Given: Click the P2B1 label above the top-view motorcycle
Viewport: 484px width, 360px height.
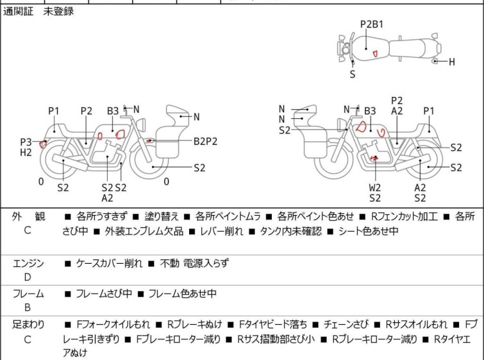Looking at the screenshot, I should pyautogui.click(x=372, y=24).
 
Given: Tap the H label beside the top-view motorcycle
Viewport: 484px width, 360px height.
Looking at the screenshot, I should pyautogui.click(x=451, y=62).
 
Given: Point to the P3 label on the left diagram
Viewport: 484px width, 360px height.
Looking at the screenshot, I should pyautogui.click(x=26, y=142).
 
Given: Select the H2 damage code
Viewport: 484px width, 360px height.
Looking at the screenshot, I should pyautogui.click(x=26, y=153).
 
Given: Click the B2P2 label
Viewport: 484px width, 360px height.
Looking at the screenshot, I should pyautogui.click(x=206, y=141).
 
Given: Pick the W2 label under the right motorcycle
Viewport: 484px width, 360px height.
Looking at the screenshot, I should pyautogui.click(x=375, y=187).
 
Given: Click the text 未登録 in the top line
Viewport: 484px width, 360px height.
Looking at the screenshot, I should pyautogui.click(x=58, y=12).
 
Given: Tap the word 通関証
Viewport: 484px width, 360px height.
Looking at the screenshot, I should pyautogui.click(x=18, y=12).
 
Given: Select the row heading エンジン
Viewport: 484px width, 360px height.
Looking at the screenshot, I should pyautogui.click(x=28, y=263).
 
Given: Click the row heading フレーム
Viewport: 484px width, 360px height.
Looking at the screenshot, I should pyautogui.click(x=28, y=294).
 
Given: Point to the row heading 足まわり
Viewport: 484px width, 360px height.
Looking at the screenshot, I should pyautogui.click(x=28, y=325).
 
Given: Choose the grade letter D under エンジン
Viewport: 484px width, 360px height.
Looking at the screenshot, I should pyautogui.click(x=28, y=277).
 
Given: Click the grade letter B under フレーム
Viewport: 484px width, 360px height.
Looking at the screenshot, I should pyautogui.click(x=28, y=308).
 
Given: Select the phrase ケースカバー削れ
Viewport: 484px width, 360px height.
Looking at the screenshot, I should pyautogui.click(x=109, y=263).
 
